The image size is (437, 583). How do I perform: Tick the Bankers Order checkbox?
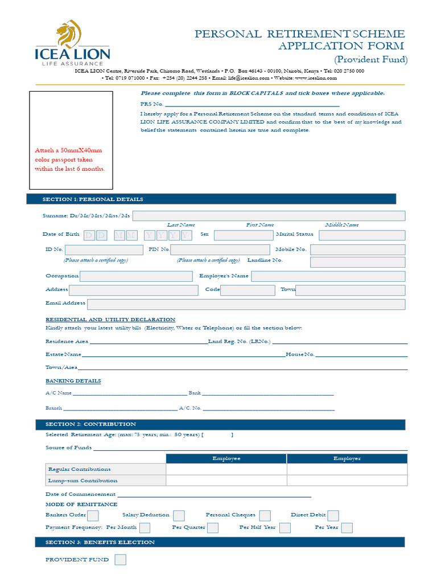click(93, 515)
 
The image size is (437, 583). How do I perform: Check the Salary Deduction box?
click(179, 515)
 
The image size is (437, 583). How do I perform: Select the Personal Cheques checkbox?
click(265, 515)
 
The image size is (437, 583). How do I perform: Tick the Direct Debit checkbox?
click(333, 515)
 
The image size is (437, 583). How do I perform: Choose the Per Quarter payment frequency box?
click(212, 528)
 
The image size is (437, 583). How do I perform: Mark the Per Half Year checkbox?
click(285, 528)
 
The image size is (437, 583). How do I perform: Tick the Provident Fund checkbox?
click(120, 560)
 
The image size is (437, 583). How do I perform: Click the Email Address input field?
click(246, 304)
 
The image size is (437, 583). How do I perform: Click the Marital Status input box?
click(362, 235)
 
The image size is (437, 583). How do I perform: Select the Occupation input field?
click(136, 277)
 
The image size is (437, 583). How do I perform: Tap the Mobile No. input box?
click(357, 249)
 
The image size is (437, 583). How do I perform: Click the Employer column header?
click(347, 458)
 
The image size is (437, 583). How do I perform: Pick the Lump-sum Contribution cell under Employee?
click(226, 481)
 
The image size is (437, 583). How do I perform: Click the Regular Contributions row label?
click(80, 469)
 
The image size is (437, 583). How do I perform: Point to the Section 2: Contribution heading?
click(90, 424)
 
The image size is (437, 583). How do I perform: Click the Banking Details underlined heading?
click(73, 381)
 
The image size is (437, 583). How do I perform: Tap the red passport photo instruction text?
click(69, 159)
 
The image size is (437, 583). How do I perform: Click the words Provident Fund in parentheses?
click(370, 60)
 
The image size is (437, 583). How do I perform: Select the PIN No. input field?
click(220, 249)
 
